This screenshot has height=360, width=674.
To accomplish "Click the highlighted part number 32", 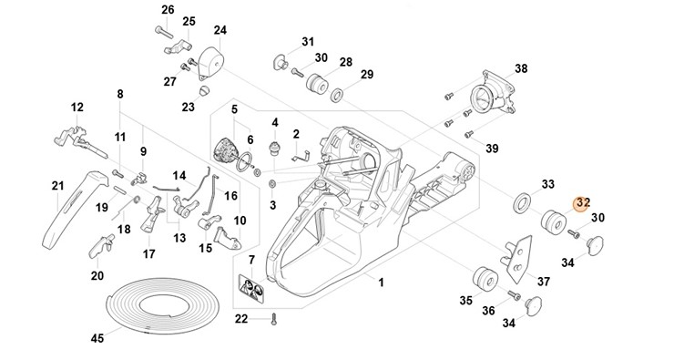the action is pos(583,201).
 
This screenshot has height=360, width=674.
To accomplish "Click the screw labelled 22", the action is pos(274,320).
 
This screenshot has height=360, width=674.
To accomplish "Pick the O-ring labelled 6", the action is pos(244,161).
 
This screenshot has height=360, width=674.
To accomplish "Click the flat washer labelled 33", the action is pos(522,203).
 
